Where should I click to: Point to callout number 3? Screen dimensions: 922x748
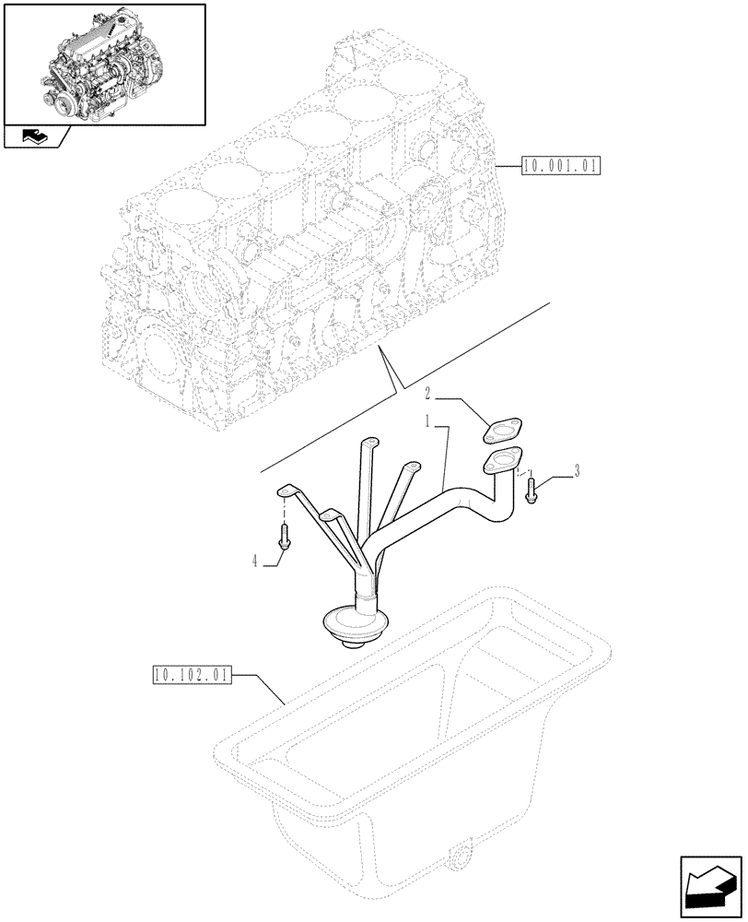577,471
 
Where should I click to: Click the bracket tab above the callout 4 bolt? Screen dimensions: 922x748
288,491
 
